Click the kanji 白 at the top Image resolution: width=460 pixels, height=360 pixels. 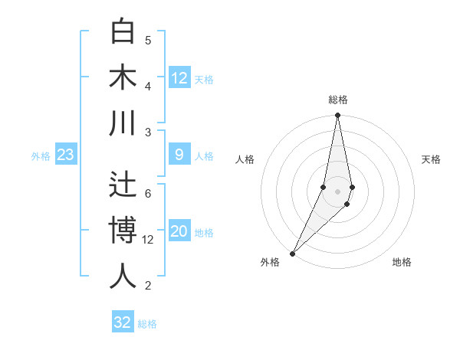(x=123, y=32)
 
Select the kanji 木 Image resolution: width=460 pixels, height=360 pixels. (x=123, y=77)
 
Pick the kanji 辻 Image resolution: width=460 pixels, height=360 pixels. (x=123, y=185)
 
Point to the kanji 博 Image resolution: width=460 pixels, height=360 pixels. (x=123, y=230)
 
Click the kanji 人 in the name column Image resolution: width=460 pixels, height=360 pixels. (x=123, y=276)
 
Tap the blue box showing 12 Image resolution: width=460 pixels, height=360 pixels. (x=179, y=77)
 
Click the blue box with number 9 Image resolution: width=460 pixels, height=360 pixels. (x=179, y=155)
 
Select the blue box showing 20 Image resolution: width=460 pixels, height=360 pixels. (x=179, y=232)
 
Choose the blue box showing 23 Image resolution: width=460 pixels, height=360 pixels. (x=65, y=155)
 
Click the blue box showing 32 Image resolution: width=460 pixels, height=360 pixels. (x=123, y=322)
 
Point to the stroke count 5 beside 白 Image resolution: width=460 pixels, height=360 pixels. (x=148, y=40)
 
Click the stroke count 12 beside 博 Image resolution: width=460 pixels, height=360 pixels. (x=148, y=239)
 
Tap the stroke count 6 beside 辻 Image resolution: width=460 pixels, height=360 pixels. (x=148, y=193)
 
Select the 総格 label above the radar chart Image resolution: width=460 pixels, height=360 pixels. (x=337, y=100)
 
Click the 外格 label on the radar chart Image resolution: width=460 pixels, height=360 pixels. (x=270, y=263)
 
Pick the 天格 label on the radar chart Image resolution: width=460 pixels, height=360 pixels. (x=431, y=159)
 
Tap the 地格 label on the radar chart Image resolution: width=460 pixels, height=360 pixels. (x=402, y=263)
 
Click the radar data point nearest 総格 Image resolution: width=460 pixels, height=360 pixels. (x=337, y=116)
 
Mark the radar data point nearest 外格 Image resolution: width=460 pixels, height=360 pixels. (x=293, y=253)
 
